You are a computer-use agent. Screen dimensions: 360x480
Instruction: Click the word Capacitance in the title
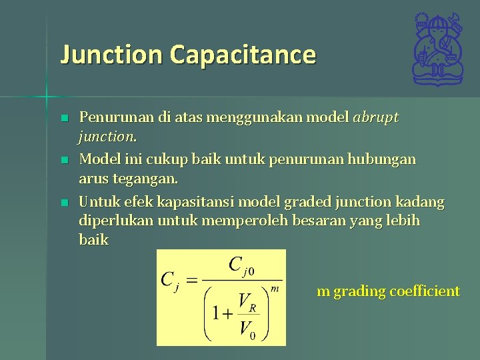pos(243,55)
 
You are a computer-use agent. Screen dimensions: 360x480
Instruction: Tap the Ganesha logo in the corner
pos(437,49)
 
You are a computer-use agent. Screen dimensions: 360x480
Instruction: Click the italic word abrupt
pos(376,118)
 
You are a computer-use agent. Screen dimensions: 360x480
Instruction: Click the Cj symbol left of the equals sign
pos(169,280)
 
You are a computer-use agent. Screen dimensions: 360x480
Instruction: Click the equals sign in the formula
pos(191,280)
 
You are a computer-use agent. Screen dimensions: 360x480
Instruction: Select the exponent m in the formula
pos(275,289)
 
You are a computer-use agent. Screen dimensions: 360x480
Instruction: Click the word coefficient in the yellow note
pos(425,291)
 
